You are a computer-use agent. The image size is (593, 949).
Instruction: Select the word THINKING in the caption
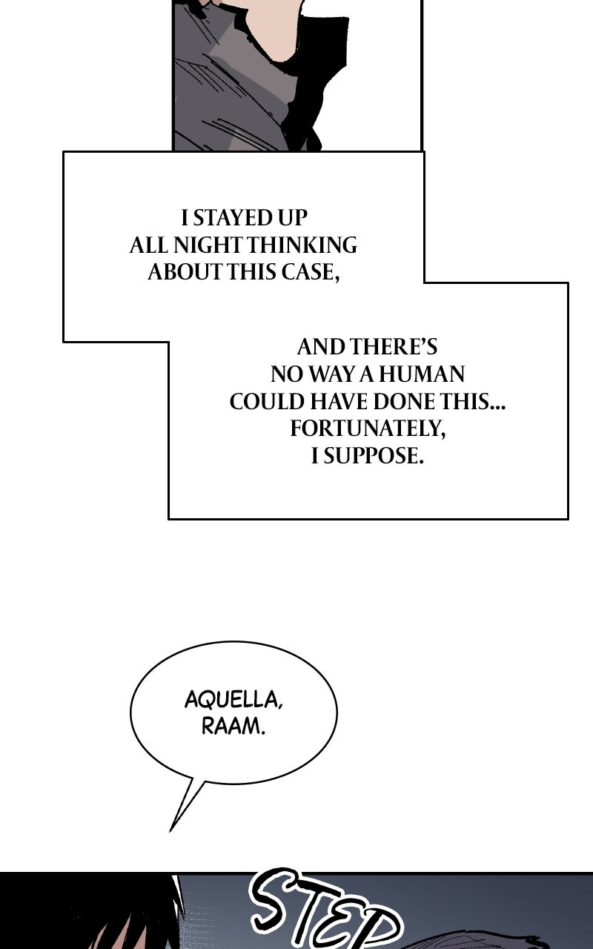click(302, 245)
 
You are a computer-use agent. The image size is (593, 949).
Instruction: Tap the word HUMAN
click(422, 374)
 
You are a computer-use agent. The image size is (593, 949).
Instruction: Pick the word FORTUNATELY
click(368, 429)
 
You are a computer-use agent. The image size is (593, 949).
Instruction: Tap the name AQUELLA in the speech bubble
click(233, 700)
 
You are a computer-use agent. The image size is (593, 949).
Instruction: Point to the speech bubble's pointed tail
click(170, 831)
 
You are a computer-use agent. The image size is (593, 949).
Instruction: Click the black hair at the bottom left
click(127, 911)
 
